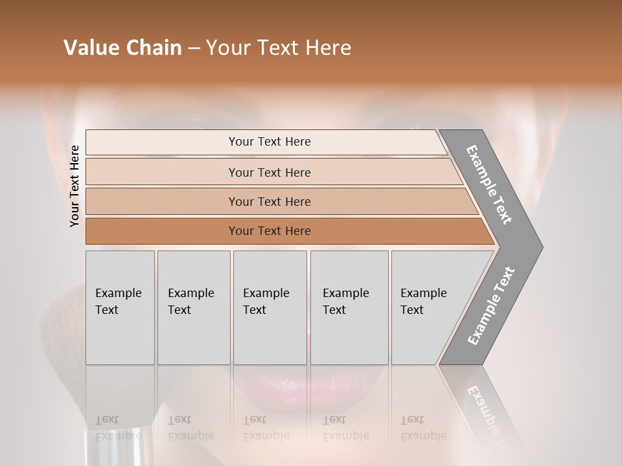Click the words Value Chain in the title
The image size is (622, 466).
122,48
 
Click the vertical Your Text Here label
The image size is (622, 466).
75,186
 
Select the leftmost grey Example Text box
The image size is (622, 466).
120,307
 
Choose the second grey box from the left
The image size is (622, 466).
194,307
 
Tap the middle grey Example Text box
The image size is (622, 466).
270,307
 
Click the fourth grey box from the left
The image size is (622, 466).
349,307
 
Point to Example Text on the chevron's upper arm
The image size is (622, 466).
489,184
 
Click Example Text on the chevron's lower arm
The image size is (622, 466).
490,306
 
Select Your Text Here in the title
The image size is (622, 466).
279,48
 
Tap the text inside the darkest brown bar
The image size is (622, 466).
270,231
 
